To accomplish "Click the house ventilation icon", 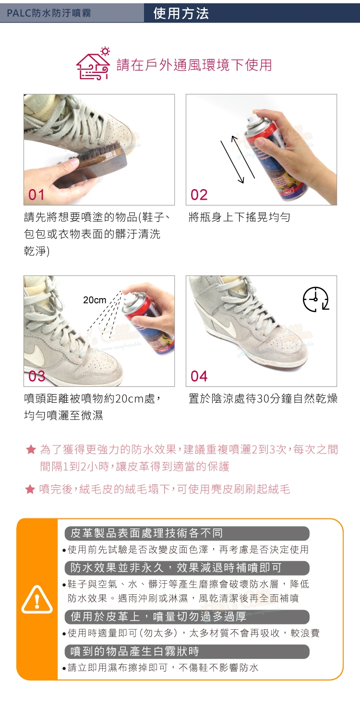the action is pyautogui.click(x=93, y=63).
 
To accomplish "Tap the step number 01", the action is pyautogui.click(x=36, y=195).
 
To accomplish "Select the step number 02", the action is pyautogui.click(x=199, y=195).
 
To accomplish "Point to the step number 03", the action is pyautogui.click(x=36, y=376).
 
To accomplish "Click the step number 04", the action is pyautogui.click(x=199, y=376).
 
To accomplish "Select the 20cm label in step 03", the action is pyautogui.click(x=95, y=300).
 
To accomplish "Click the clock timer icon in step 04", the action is pyautogui.click(x=316, y=299).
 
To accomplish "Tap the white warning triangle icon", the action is pyautogui.click(x=37, y=600).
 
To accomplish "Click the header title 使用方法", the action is pyautogui.click(x=181, y=13).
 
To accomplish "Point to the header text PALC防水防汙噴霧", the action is pyautogui.click(x=49, y=13).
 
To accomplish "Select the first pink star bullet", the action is pyautogui.click(x=31, y=449).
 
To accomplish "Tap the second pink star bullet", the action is pyautogui.click(x=30, y=489).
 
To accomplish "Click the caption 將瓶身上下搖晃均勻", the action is pyautogui.click(x=240, y=217).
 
